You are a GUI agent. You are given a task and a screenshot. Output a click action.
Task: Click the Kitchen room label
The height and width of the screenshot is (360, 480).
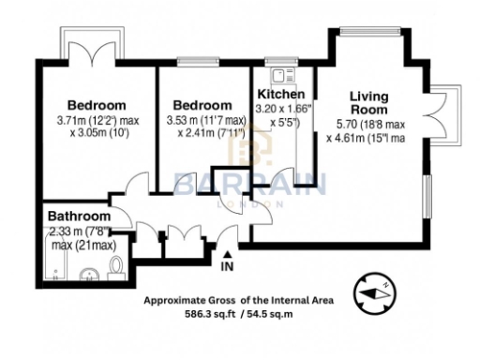pyautogui.click(x=280, y=96)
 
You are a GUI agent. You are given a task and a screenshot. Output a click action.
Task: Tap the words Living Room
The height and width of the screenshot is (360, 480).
pyautogui.click(x=368, y=102)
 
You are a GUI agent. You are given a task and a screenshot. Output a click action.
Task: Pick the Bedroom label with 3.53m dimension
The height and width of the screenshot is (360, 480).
pyautogui.click(x=202, y=105)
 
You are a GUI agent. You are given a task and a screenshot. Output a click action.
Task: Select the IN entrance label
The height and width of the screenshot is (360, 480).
pyautogui.click(x=227, y=267)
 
